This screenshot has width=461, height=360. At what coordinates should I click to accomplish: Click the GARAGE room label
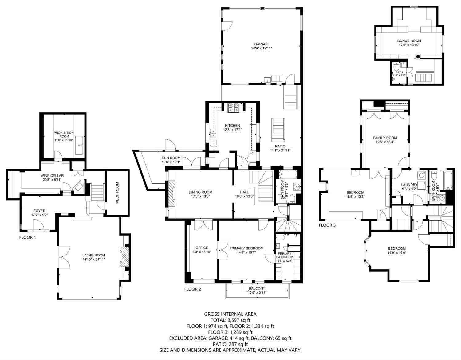261,44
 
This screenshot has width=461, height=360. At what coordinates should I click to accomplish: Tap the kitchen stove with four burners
233,108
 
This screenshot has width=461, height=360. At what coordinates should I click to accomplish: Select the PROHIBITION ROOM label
64,135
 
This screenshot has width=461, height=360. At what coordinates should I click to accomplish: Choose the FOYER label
39,211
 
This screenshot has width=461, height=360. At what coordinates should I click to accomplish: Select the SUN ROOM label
171,158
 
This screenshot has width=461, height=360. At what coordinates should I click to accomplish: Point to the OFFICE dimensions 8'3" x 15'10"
202,252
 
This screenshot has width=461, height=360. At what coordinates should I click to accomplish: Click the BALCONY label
257,288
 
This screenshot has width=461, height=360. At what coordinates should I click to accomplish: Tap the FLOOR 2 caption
193,289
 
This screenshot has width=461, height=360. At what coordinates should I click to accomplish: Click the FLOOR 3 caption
327,225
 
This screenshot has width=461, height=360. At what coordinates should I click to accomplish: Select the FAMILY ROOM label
385,138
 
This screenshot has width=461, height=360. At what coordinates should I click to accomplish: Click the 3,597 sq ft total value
238,320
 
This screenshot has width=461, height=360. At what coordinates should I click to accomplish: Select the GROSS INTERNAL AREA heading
230,314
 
